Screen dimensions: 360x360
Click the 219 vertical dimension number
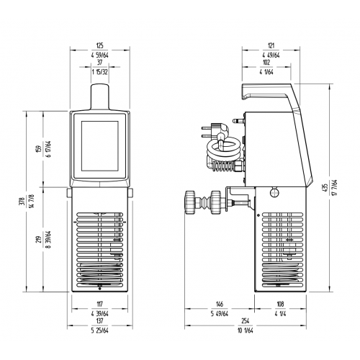click(x=48, y=239)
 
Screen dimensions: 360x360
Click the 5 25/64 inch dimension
click(x=100, y=330)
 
